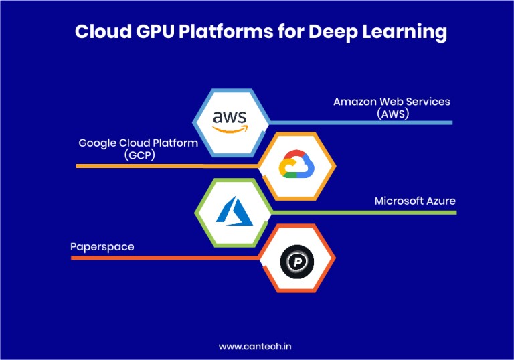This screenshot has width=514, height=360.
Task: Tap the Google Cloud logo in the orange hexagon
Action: click(x=296, y=165)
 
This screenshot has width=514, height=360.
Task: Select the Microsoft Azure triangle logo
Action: click(x=232, y=211)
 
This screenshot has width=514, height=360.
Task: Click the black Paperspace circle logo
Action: click(x=295, y=258)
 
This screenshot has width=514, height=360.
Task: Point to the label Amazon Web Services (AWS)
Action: click(x=392, y=107)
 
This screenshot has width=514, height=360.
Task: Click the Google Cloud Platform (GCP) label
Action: click(x=139, y=148)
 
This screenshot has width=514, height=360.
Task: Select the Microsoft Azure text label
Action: click(x=415, y=201)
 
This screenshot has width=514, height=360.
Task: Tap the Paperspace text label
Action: click(x=102, y=246)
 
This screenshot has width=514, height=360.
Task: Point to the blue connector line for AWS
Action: click(x=361, y=122)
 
